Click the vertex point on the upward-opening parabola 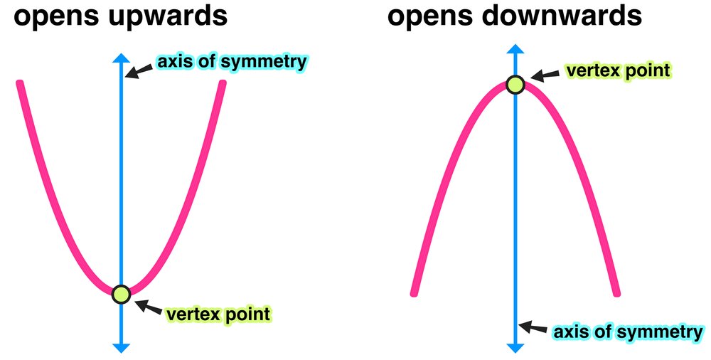[x=122, y=292]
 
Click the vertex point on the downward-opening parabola [x=515, y=85]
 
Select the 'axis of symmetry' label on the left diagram [x=232, y=61]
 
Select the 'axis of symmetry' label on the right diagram [x=628, y=332]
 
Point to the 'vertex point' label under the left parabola [x=218, y=313]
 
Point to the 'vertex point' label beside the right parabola [x=616, y=70]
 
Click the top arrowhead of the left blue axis [x=122, y=60]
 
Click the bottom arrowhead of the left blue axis [x=122, y=347]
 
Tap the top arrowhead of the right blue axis [x=515, y=49]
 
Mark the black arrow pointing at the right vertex [x=544, y=76]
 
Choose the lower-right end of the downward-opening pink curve [x=616, y=292]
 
